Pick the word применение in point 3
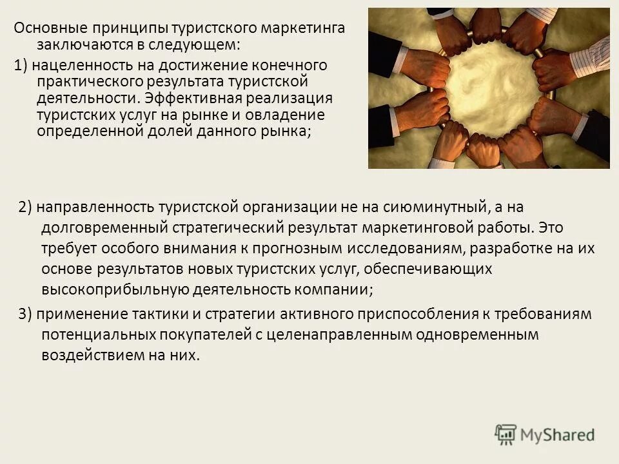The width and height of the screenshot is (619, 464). [x=73, y=314]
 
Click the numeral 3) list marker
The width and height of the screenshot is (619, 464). [x=25, y=314]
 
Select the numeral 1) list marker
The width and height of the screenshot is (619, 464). [x=21, y=65]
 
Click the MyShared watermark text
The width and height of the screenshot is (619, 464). [x=558, y=435]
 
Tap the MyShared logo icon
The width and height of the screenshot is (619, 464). [x=506, y=434]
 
